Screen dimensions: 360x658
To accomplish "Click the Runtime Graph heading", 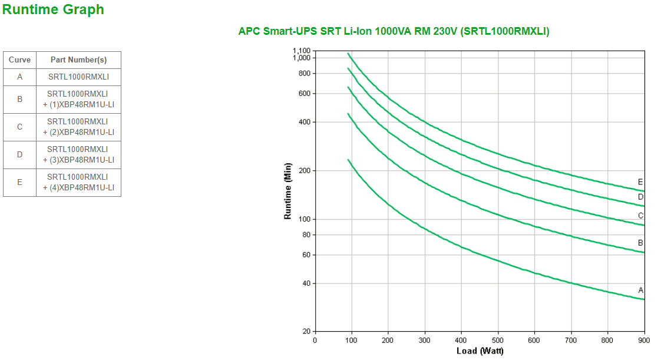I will pos(53,9).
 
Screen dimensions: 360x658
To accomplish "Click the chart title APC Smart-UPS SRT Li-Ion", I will pos(394,31).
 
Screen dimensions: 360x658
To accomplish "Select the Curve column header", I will pos(19,60).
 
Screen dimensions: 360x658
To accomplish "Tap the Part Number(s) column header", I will pos(78,60).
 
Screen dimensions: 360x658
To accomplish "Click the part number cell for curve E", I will pos(78,183).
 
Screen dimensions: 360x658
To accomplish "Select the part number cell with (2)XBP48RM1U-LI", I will pos(78,127).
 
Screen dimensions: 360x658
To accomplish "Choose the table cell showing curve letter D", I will pos(19,155).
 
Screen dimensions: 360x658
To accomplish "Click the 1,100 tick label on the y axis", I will pos(300,51).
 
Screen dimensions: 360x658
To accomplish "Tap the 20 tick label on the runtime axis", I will pos(306,332).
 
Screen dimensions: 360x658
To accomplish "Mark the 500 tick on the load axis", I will pos(498,341).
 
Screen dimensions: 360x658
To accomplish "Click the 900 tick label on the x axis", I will pos(644,341).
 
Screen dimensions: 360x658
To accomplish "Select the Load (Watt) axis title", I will pos(480,351).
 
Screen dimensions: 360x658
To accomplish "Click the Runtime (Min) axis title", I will pos(288,191).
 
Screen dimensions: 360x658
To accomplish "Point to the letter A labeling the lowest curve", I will pos(641,289).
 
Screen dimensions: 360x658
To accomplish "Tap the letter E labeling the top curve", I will pos(640,181).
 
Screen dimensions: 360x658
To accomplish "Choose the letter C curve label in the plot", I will pos(641,216).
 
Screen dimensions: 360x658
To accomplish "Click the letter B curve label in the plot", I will pos(640,242).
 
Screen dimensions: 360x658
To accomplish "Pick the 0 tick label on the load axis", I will pos(315,341).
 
